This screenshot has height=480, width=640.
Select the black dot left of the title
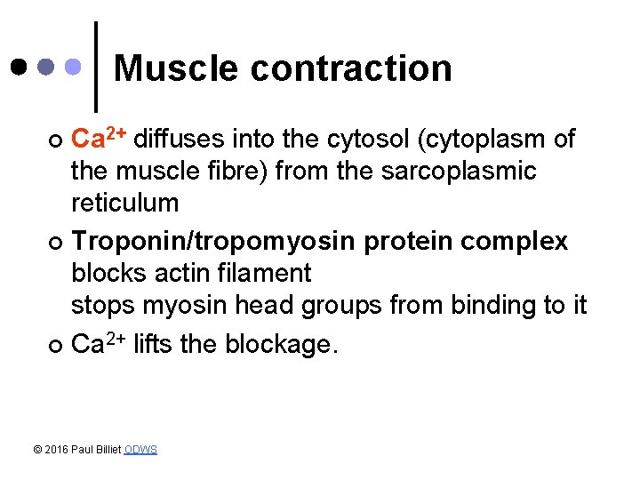pyautogui.click(x=20, y=67)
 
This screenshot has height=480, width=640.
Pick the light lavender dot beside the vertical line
pyautogui.click(x=75, y=67)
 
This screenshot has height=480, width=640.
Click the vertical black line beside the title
pyautogui.click(x=96, y=67)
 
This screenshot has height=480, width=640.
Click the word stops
pyautogui.click(x=102, y=306)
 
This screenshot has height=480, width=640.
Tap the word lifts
pyautogui.click(x=153, y=344)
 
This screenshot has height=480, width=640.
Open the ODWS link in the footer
pyautogui.click(x=140, y=450)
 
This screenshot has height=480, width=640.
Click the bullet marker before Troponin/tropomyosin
pyautogui.click(x=55, y=243)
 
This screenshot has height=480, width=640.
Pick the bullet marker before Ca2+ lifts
pyautogui.click(x=55, y=346)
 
